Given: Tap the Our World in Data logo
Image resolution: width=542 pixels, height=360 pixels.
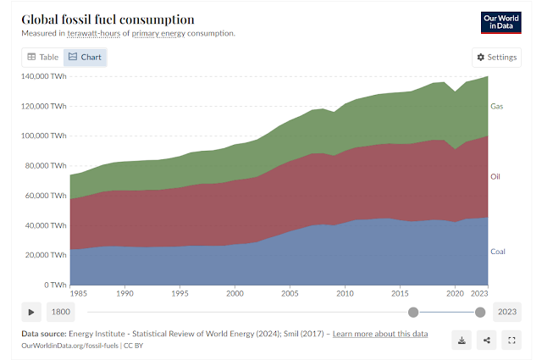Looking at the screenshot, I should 500,22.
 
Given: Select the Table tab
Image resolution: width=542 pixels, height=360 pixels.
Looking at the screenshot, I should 42,57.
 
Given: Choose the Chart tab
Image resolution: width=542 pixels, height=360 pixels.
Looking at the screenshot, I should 86,57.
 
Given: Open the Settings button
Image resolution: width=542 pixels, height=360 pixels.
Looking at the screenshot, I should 496,57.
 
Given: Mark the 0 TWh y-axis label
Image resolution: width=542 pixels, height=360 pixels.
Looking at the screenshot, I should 54,285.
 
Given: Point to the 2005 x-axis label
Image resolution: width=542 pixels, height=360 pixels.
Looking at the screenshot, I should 290,293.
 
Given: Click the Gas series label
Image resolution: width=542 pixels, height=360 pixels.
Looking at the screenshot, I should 497,107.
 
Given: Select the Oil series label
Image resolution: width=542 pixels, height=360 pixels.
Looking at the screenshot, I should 495,176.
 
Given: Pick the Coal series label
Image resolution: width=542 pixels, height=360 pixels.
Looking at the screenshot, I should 498,252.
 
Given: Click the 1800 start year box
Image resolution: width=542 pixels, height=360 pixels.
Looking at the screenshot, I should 61,312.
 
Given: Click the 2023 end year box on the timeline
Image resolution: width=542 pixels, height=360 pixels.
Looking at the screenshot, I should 506,312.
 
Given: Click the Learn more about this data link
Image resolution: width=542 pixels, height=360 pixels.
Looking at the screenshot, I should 380,334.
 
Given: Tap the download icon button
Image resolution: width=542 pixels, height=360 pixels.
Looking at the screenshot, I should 462,340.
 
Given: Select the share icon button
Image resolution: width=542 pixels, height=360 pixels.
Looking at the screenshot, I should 486,340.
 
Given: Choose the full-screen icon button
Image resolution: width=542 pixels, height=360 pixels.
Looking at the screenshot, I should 511,340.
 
